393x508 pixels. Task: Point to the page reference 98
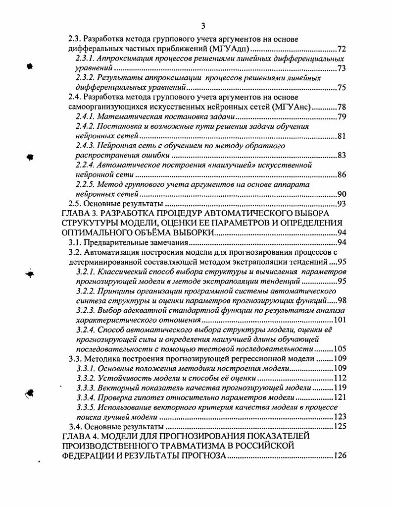tap(342, 300)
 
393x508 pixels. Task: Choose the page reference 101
tap(340, 320)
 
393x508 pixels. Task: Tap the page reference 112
tap(340, 378)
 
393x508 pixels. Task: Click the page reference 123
tap(340, 416)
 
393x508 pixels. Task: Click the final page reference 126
tap(340, 455)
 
